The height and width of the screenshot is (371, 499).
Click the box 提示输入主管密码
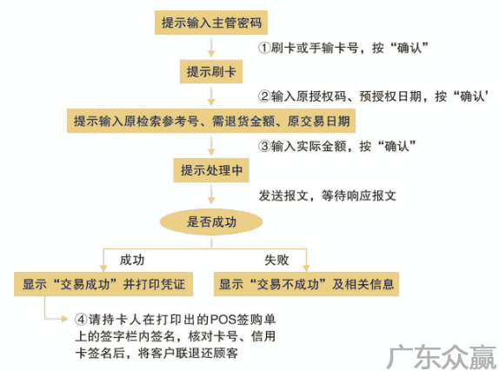211,23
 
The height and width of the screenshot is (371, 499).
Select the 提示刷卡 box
211,71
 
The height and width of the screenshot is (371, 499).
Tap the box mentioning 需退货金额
211,121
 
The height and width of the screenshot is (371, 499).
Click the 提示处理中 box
211,170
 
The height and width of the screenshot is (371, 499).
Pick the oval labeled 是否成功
211,222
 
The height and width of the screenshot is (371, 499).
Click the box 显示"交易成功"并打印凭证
103,284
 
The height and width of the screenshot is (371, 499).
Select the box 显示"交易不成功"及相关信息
306,284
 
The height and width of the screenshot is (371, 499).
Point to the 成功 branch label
132,260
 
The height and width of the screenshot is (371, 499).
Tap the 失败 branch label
276,260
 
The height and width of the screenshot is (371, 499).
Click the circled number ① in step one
264,48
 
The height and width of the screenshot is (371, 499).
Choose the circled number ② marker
264,96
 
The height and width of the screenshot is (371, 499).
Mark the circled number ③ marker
264,146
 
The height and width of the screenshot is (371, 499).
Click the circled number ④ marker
81,319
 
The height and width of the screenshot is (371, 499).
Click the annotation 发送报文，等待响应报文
327,195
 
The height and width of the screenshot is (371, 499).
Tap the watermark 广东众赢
442,357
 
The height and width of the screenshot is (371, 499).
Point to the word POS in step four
223,320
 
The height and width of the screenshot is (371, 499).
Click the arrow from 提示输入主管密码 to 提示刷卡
211,47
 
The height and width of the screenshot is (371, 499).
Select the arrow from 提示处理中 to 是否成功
211,194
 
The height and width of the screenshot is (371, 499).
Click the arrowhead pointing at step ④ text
64,319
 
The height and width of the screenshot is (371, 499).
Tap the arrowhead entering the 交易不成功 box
306,268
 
